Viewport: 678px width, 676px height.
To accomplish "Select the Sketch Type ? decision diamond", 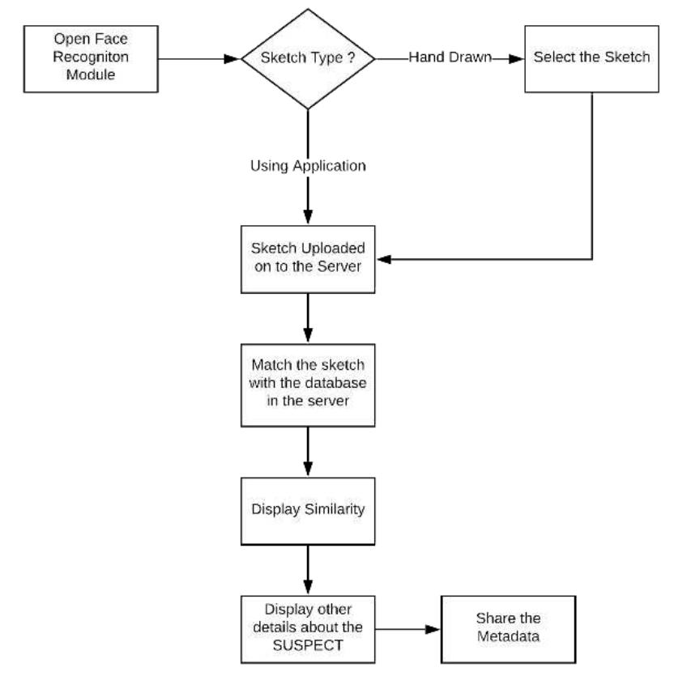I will pos(309,58).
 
